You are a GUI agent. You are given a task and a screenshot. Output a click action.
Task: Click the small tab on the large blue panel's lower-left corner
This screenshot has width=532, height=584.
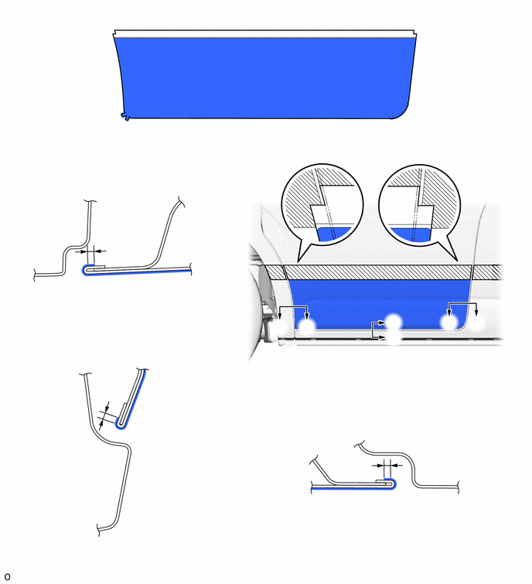[x=125, y=117]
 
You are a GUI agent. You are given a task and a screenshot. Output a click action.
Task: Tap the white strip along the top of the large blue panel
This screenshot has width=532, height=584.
[x=264, y=34]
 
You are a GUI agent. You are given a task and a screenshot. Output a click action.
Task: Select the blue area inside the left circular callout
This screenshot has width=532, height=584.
[x=334, y=234]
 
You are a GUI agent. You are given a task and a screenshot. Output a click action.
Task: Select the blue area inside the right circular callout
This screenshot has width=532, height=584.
[x=411, y=234]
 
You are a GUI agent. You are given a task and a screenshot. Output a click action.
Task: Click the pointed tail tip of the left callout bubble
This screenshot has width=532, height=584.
[x=298, y=261]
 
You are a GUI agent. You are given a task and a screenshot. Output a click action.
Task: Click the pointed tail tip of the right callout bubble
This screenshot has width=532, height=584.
[x=456, y=260]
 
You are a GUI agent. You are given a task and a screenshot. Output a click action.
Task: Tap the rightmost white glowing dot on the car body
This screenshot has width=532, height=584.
[x=477, y=323]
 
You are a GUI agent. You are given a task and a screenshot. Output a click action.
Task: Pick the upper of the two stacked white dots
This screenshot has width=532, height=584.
[x=394, y=321]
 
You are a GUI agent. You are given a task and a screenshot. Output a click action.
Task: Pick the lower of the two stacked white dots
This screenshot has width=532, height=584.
[x=394, y=338]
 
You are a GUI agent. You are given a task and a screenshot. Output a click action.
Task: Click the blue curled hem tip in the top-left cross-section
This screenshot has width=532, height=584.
[x=85, y=271]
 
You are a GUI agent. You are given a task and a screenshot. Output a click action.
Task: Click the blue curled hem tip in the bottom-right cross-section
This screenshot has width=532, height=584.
[x=393, y=483]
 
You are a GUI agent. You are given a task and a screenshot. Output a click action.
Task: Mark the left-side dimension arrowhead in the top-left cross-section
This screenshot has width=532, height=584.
[x=84, y=251]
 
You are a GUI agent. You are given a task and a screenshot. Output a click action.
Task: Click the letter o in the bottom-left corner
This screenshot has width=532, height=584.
[x=7, y=577]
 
